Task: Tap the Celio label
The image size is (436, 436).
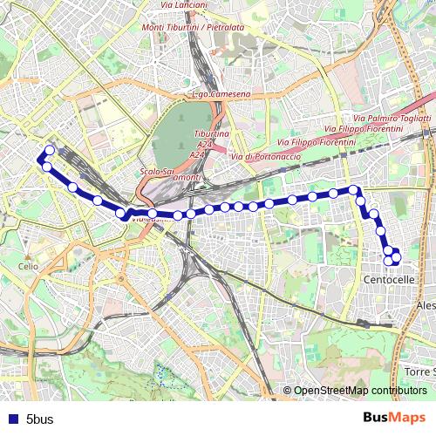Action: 29,266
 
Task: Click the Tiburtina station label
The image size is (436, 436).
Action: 211,134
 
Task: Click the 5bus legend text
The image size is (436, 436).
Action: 39,419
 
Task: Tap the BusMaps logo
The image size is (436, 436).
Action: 393,419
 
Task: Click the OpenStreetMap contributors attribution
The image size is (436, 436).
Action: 359,390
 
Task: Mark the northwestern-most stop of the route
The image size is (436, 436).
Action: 50,150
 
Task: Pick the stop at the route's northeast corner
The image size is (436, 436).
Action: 353,189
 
